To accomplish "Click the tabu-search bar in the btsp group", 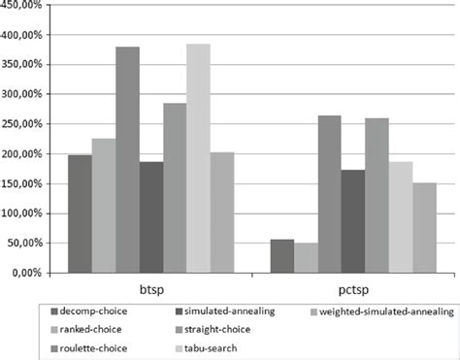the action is click(x=198, y=158).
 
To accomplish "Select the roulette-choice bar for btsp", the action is click(x=127, y=160).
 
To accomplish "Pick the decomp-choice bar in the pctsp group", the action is click(x=282, y=256).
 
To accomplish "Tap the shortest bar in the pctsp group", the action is click(x=306, y=258).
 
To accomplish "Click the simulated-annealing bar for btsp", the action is click(x=151, y=217).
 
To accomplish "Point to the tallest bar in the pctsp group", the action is click(x=329, y=194).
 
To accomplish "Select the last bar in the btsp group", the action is click(x=222, y=213).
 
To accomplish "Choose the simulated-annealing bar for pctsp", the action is click(x=353, y=221).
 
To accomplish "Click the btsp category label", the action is click(x=151, y=289).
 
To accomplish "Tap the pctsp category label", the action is click(x=353, y=290).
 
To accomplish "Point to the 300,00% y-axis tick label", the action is click(x=21, y=94).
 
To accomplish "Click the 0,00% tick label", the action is click(x=27, y=273).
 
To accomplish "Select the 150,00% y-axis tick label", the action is click(x=21, y=183).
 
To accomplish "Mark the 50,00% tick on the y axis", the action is click(x=24, y=243).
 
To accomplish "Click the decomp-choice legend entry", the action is click(x=89, y=311).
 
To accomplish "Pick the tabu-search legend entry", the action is click(x=206, y=348).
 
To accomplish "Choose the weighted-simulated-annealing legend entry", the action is click(x=381, y=311).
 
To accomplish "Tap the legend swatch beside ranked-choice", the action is click(x=54, y=330).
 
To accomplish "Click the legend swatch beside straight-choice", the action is click(x=179, y=330).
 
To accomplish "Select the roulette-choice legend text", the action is click(x=93, y=348).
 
